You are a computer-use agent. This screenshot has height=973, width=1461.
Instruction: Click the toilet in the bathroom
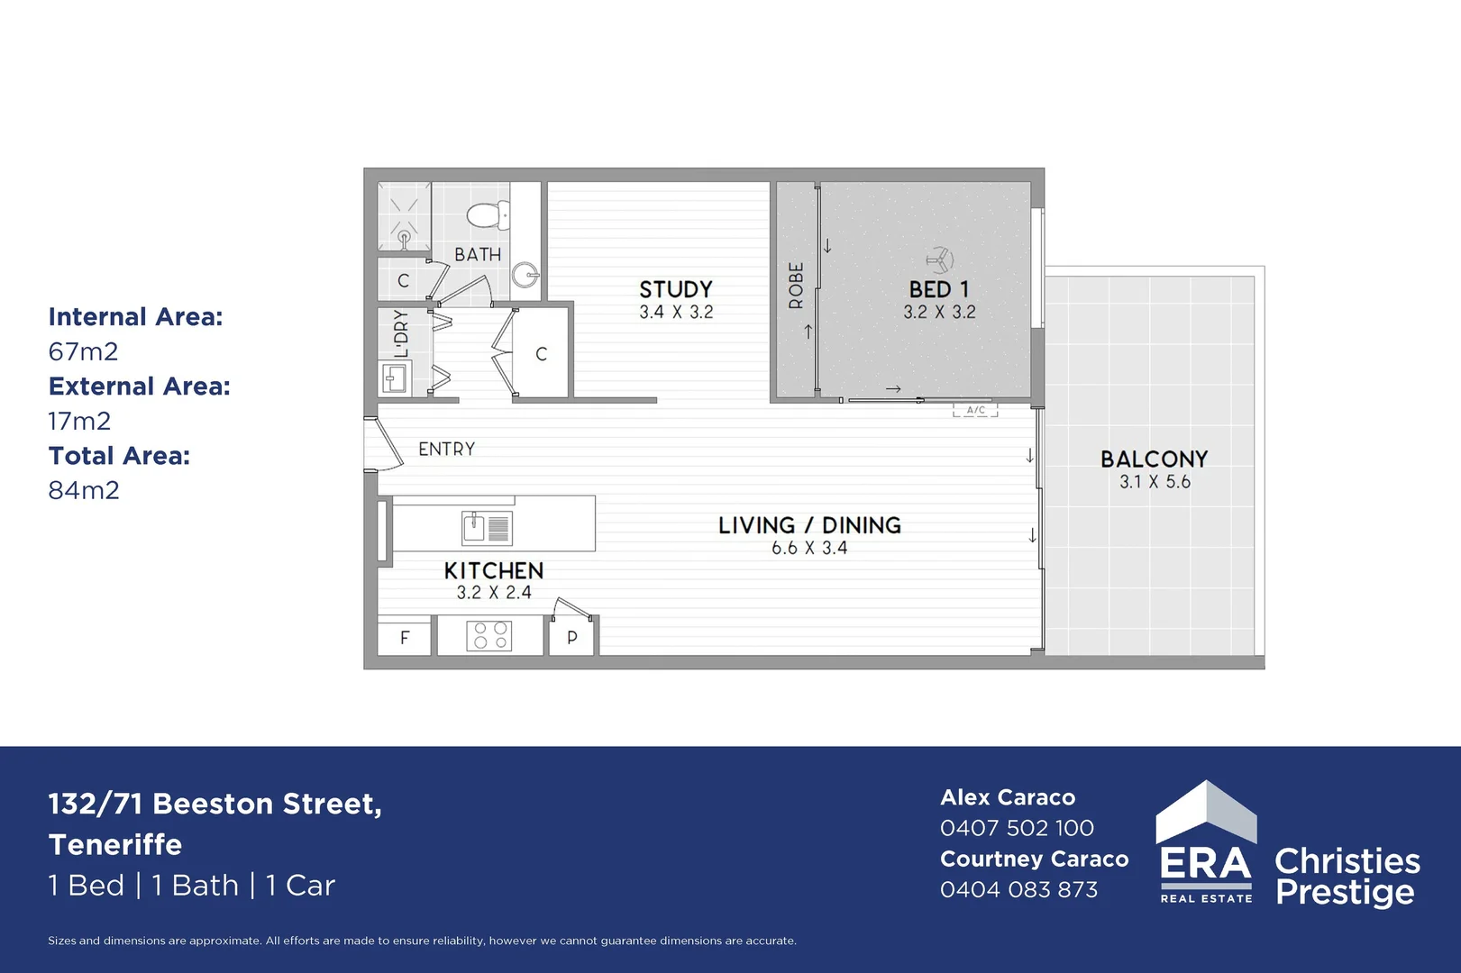(486, 215)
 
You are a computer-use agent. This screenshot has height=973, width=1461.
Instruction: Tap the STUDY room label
(675, 289)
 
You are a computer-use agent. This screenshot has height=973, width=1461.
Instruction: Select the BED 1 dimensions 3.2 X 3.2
(939, 313)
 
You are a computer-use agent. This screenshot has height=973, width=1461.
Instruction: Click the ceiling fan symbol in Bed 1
(939, 260)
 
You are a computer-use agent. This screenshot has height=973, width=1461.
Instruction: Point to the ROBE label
(796, 286)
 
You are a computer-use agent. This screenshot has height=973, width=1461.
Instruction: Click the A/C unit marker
(975, 411)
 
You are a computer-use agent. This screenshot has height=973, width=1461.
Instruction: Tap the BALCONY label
(1154, 459)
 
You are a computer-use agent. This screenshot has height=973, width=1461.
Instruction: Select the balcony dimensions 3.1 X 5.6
(1155, 482)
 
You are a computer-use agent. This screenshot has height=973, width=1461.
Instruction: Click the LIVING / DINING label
(809, 525)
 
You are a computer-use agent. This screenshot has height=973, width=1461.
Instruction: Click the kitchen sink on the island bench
(486, 527)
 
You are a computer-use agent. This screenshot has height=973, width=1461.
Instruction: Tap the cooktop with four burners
(489, 636)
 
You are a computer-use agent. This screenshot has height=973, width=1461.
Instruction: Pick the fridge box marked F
(404, 637)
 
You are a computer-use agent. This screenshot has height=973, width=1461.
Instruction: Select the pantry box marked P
(571, 637)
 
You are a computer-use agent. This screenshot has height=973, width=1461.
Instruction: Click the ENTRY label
(446, 449)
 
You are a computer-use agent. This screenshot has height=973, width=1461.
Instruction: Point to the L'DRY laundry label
(401, 333)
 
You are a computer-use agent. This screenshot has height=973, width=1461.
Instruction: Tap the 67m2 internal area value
(83, 351)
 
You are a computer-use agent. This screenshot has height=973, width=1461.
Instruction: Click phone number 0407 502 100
(1017, 828)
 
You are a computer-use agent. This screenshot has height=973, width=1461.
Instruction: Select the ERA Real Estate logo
(1206, 843)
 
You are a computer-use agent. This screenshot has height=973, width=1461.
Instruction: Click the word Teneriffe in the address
(115, 845)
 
